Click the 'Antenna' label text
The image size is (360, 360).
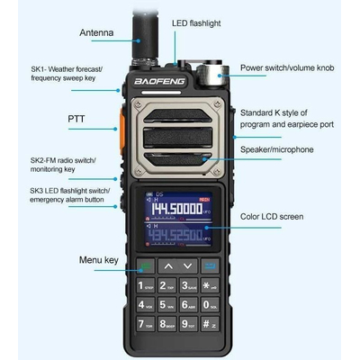(x=96, y=33)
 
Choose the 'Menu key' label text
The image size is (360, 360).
(x=98, y=261)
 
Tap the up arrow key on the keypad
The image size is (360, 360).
(x=167, y=266)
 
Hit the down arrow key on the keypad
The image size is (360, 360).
(x=187, y=266)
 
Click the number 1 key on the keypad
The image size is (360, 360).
(x=145, y=286)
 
